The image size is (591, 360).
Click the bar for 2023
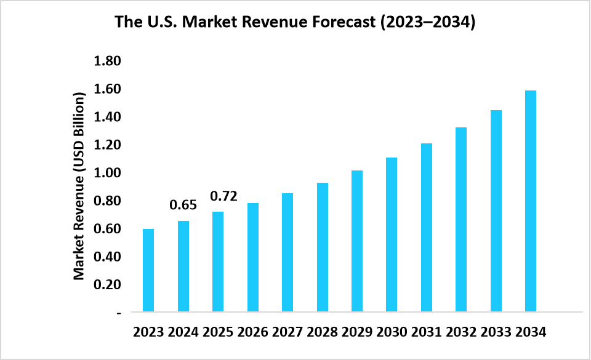click(148, 270)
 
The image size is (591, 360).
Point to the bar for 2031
click(427, 228)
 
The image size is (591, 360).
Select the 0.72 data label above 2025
click(224, 196)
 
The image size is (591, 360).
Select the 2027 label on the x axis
click(287, 332)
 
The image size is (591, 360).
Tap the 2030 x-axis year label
click(392, 332)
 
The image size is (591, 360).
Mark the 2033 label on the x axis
click(496, 332)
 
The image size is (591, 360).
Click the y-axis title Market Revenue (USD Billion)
click(79, 186)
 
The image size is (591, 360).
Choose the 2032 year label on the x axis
click(461, 332)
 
